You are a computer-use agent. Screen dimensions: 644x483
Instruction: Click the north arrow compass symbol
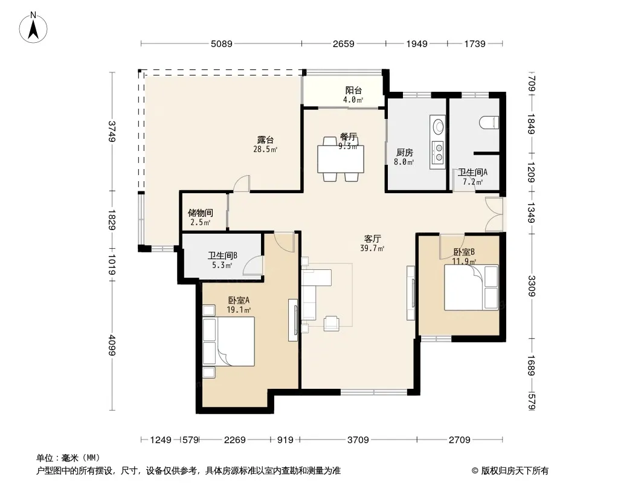33,28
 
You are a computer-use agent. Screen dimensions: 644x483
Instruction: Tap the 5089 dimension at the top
221,43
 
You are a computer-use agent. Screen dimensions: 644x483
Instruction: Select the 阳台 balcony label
353,91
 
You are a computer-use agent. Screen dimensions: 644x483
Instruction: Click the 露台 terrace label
265,140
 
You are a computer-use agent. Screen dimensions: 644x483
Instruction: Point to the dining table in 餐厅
341,159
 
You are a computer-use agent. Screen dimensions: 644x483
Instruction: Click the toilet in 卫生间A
489,123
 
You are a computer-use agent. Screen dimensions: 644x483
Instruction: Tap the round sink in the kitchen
439,126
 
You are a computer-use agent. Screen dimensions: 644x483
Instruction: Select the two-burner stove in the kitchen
439,152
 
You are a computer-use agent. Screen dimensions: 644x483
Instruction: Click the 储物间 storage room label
201,213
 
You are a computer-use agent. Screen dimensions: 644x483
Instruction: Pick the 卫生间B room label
222,255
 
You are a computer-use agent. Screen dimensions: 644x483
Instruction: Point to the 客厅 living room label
373,238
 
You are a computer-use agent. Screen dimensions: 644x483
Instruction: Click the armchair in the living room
331,324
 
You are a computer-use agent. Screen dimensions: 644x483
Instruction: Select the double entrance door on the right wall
494,214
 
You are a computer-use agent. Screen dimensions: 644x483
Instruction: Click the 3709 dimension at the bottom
358,440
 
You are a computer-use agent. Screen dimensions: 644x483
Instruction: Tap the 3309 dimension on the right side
532,286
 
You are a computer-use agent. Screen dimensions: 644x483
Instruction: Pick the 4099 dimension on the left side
112,345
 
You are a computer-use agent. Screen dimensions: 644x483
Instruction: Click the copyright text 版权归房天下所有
515,471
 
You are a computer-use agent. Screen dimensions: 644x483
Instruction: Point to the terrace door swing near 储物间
242,184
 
